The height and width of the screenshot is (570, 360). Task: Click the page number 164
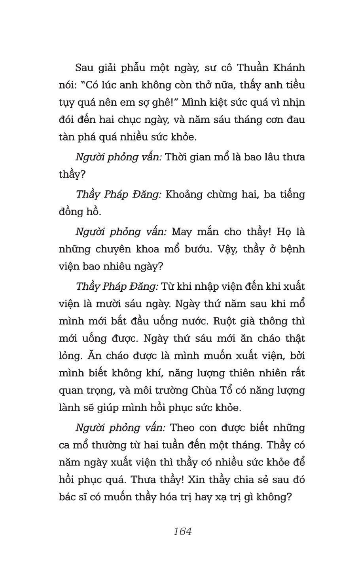click(x=182, y=531)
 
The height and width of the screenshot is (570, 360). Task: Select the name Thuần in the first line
click(x=253, y=68)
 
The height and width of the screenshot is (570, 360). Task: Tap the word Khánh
click(x=288, y=68)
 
